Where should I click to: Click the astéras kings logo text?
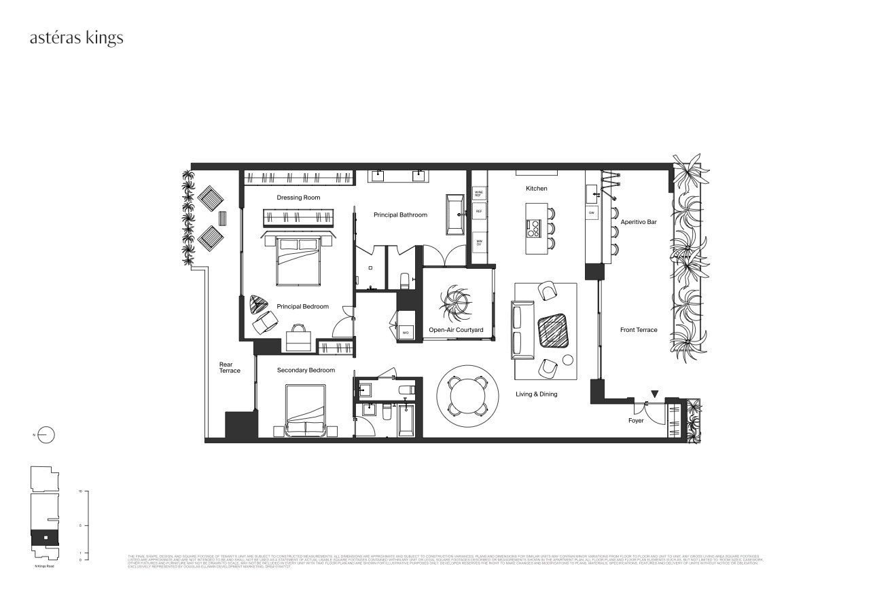76,38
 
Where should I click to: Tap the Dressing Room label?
298,198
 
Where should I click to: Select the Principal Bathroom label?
400,214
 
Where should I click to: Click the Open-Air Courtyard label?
456,330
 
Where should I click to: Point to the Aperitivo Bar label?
638,221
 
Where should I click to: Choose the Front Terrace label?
639,330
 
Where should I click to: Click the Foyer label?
635,421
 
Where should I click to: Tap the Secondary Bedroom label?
306,370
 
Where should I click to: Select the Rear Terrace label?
230,367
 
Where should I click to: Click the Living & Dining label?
536,394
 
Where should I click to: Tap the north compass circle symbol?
46,435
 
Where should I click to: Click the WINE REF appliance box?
479,193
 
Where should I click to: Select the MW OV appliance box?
479,242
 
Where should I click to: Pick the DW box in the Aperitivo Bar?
592,212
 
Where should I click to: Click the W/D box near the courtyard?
406,332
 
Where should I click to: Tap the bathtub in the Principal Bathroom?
454,214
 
